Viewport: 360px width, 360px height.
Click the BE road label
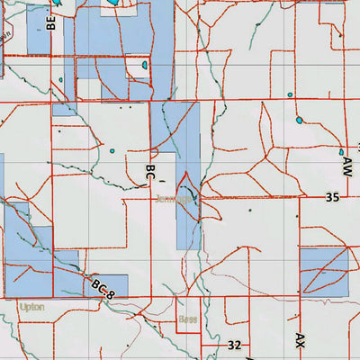[x=52, y=23]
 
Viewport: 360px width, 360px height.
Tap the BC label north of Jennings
[x=151, y=174]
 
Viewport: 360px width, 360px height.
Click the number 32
[x=234, y=345]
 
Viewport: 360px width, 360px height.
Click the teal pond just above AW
[x=342, y=152]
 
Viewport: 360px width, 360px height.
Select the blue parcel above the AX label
[x=323, y=272]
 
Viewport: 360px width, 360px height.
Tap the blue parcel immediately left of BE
[x=38, y=29]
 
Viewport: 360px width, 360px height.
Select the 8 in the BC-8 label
[x=112, y=293]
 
